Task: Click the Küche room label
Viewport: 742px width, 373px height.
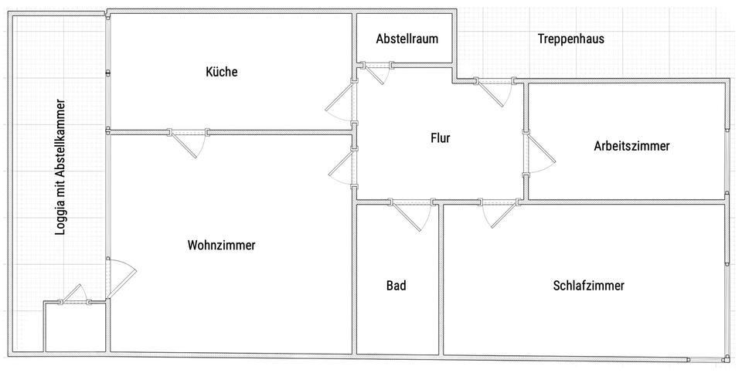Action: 222,72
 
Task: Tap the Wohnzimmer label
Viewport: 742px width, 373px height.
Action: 221,245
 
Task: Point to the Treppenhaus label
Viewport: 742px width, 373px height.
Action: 570,39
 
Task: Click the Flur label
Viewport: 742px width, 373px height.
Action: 440,139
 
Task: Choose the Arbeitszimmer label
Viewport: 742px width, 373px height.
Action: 631,145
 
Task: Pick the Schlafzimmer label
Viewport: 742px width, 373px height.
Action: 588,285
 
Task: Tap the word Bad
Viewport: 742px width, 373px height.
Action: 396,285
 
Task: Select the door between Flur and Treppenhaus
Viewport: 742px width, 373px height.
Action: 494,92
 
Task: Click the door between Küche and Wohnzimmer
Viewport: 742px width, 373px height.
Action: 188,143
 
